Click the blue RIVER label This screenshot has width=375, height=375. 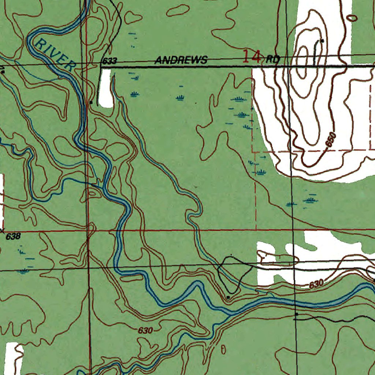pyautogui.click(x=55, y=55)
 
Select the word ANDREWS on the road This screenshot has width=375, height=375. pyautogui.click(x=181, y=60)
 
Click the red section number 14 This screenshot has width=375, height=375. pyautogui.click(x=252, y=57)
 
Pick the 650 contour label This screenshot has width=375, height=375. pyautogui.click(x=330, y=140)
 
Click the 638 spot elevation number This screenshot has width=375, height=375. pyautogui.click(x=13, y=237)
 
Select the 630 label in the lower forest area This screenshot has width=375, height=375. pyautogui.click(x=145, y=330)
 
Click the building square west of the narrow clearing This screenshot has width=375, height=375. pyautogui.click(x=91, y=103)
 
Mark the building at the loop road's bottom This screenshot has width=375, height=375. pyautogui.click(x=228, y=297)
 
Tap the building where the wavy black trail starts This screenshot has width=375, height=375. pyautogui.click(x=296, y=314)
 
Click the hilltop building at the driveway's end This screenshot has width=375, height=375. pyautogui.click(x=322, y=41)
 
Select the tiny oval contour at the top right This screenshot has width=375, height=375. pyautogui.click(x=353, y=17)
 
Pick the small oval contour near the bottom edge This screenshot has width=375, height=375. pyautogui.click(x=223, y=350)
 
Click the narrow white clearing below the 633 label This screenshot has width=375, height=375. pyautogui.click(x=105, y=88)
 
